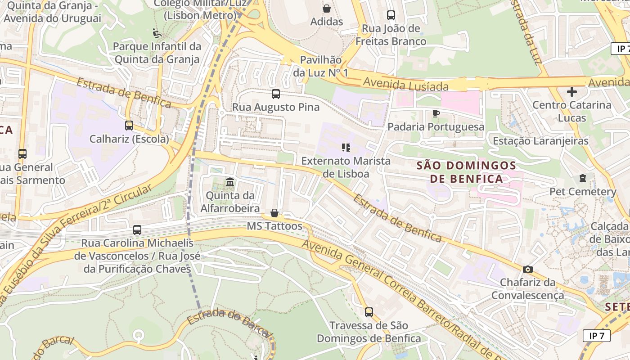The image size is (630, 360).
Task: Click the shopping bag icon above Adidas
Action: click(x=327, y=9)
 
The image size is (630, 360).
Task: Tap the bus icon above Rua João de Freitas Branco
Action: click(x=391, y=15)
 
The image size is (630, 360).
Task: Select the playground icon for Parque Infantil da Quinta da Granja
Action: click(x=157, y=33)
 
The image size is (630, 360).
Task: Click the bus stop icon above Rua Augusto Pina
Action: click(x=276, y=94)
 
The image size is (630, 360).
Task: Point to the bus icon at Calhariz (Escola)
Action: click(x=129, y=126)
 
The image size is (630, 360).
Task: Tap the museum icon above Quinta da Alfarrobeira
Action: click(x=230, y=182)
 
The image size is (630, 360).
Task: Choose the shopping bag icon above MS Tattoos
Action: click(x=274, y=213)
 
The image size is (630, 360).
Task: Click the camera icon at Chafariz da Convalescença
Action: click(x=528, y=270)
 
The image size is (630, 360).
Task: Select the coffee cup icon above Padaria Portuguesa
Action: click(x=436, y=113)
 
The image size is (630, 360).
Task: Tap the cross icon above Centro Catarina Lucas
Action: click(x=572, y=92)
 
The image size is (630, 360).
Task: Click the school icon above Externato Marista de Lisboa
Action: click(x=346, y=148)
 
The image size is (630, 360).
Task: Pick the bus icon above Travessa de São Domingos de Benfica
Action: click(x=369, y=312)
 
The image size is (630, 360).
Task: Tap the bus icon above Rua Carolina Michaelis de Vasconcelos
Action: click(x=137, y=230)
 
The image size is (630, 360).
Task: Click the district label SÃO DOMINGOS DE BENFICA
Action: click(x=466, y=172)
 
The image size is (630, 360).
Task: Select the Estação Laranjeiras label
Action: click(x=540, y=141)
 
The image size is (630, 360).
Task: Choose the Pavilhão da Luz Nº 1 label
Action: click(x=321, y=66)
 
